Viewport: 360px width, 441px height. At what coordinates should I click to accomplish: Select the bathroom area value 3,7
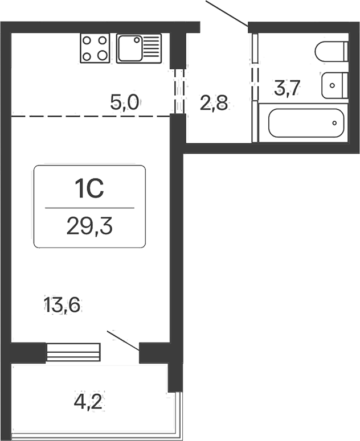tap(287, 89)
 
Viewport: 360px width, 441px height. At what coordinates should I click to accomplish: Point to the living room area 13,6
tap(63, 305)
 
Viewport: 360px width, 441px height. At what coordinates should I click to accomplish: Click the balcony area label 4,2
tap(89, 402)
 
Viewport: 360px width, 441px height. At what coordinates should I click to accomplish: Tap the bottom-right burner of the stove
tap(103, 55)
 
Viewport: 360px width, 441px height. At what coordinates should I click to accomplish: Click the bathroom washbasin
tap(332, 85)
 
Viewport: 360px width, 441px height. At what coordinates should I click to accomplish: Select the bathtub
tap(306, 123)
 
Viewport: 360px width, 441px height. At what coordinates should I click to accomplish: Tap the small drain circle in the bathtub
tap(335, 123)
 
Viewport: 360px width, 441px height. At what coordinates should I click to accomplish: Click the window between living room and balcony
tap(73, 352)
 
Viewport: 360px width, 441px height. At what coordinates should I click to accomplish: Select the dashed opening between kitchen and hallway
tap(179, 91)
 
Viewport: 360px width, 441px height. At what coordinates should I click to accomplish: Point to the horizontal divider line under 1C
tap(89, 208)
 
